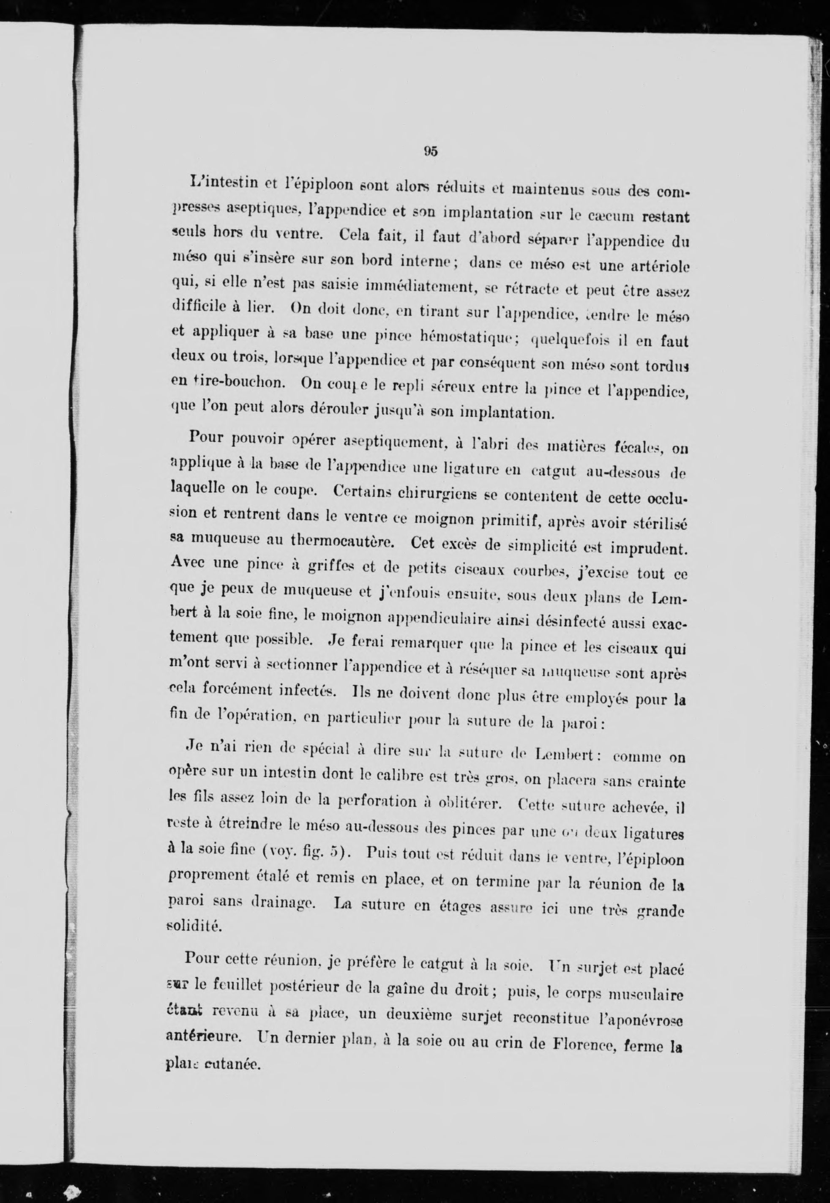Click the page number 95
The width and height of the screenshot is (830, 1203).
click(x=431, y=151)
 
